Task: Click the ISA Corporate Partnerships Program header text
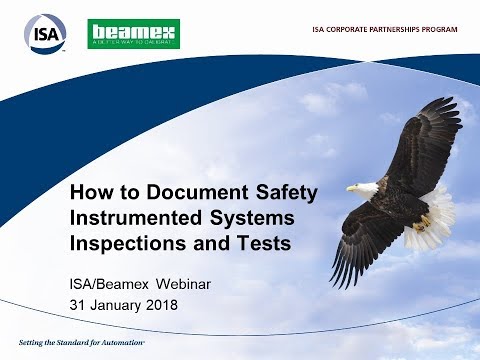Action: (385, 29)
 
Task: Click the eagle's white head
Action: (365, 187)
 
